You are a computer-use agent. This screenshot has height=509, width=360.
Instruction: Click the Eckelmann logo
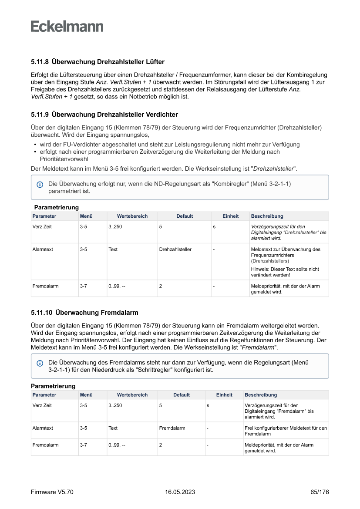pos(67,27)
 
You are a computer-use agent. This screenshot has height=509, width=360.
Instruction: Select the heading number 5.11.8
pos(39,62)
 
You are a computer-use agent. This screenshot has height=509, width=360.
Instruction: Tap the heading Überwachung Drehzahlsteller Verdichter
pos(114,115)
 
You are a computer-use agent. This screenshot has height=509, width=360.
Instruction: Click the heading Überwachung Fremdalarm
pos(97,313)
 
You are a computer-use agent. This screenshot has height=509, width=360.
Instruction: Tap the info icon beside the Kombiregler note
pos(40,185)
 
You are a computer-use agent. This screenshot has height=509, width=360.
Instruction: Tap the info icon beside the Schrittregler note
pos(40,363)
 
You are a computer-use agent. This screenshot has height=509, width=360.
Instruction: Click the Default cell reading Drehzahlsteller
pos(175,249)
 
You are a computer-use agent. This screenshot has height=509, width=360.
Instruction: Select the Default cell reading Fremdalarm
pos(172,428)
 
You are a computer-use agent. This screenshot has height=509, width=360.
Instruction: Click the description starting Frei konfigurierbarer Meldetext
pos(286,431)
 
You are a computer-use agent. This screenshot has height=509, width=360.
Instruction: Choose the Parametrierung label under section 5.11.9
pos(57,207)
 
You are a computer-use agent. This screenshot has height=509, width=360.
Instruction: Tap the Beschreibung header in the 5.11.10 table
pos(261,395)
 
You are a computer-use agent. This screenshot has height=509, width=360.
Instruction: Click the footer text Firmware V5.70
pos(52,492)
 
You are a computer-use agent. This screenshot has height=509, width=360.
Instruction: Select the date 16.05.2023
pos(180,492)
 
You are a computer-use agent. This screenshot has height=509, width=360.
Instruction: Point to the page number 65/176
pos(320,492)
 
